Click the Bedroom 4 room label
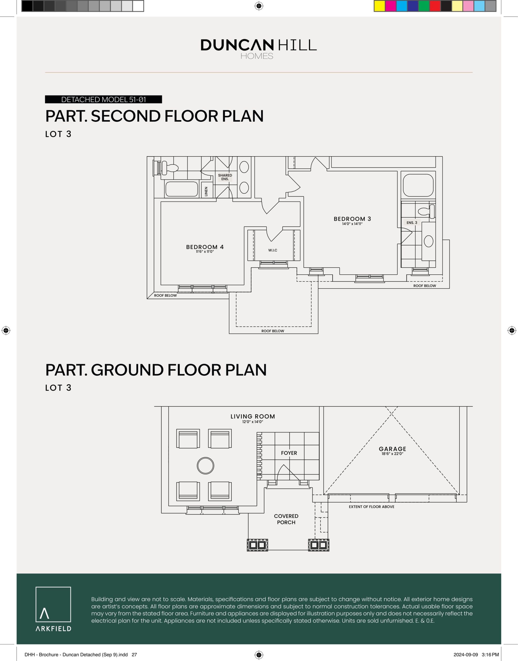coord(205,247)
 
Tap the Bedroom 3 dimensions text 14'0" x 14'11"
coord(352,224)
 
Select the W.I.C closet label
coord(272,250)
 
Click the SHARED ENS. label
coord(225,177)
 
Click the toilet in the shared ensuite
coord(170,168)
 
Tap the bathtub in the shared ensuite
coord(181,189)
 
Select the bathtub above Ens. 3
coord(418,185)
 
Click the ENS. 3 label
coord(411,223)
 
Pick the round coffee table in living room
coord(205,466)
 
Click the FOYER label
coord(289,453)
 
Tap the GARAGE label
coord(392,449)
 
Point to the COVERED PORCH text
coord(286,519)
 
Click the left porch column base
coord(257,545)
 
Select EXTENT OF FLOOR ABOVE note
coord(371,507)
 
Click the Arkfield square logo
coord(53,604)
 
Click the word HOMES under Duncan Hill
coord(257,56)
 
